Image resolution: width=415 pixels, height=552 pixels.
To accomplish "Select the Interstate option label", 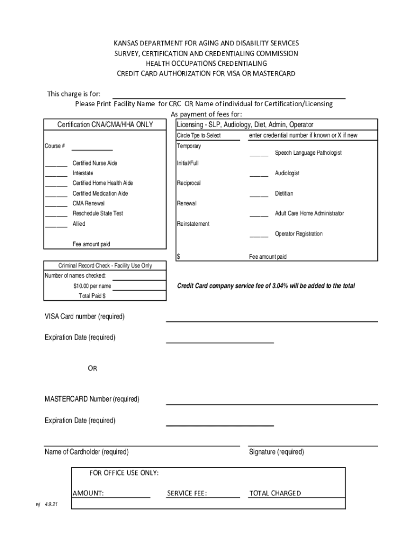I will click(x=83, y=173).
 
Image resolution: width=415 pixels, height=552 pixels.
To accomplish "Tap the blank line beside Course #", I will click(x=92, y=149).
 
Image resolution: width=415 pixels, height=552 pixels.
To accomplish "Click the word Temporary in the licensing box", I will click(x=189, y=146).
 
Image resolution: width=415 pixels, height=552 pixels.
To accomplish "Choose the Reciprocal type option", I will click(x=189, y=183).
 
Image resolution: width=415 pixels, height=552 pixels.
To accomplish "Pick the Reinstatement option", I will click(x=193, y=224).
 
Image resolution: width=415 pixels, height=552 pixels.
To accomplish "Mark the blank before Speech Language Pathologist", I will click(x=259, y=155).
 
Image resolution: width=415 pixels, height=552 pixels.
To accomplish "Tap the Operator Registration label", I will click(x=299, y=234).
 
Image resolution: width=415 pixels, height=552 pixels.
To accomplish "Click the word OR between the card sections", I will click(x=93, y=369).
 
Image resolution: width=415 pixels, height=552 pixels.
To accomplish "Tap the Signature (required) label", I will click(x=276, y=452).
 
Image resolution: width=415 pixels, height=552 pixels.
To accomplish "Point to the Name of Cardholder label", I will click(x=86, y=452).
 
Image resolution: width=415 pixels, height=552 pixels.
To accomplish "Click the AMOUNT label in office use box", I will click(x=88, y=493).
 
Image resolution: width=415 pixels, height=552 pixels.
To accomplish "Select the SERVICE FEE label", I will click(x=187, y=493).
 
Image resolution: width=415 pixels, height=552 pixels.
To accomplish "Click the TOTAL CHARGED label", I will click(x=275, y=493).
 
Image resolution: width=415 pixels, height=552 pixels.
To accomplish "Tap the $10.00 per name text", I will click(x=92, y=286).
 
